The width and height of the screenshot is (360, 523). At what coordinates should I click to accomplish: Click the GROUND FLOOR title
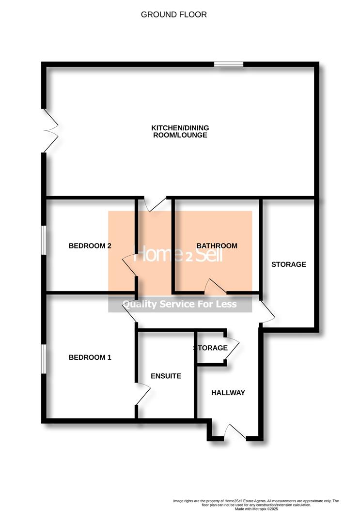[173, 15]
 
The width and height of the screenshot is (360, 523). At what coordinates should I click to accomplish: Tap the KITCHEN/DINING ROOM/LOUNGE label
[180, 131]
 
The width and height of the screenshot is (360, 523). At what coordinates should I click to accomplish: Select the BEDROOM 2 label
[90, 246]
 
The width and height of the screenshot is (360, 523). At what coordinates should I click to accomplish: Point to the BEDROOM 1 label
[90, 358]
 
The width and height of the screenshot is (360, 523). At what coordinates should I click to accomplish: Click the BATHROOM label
[217, 246]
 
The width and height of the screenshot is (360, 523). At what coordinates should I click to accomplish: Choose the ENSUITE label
[166, 376]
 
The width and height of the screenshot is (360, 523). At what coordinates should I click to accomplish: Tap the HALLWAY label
[228, 393]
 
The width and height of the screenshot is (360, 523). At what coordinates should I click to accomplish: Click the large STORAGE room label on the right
[288, 264]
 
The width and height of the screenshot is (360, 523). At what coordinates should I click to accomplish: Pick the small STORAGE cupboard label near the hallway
[210, 348]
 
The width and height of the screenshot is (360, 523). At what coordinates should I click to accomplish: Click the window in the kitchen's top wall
[229, 63]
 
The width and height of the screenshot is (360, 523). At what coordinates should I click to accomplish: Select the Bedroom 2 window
[44, 240]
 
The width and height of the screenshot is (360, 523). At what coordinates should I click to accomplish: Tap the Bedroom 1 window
[44, 359]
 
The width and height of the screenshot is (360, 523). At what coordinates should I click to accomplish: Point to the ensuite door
[141, 394]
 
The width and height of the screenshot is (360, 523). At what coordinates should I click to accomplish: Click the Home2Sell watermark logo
[180, 253]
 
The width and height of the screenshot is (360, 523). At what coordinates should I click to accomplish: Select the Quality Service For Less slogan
[180, 305]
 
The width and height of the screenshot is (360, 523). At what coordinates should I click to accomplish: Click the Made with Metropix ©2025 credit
[256, 509]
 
